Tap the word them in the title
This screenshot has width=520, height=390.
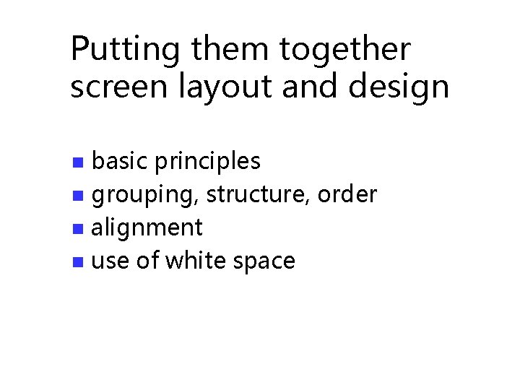pos(230,51)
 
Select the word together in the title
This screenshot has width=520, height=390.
pos(346,51)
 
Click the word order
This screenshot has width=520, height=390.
pos(347,194)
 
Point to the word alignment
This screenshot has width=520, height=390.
pos(147,228)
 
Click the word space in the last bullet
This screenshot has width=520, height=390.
pos(264,261)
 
